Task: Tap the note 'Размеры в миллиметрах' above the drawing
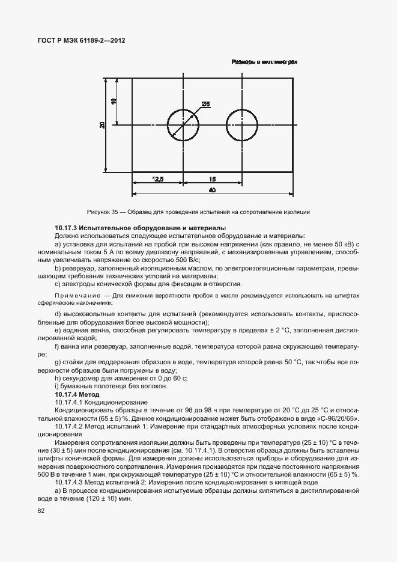point(264,62)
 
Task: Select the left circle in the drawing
point(183,125)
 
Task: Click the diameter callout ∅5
point(205,105)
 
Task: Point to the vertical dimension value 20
point(103,125)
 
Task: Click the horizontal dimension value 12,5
point(158,179)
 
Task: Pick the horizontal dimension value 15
point(213,179)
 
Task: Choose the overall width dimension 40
point(212,190)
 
